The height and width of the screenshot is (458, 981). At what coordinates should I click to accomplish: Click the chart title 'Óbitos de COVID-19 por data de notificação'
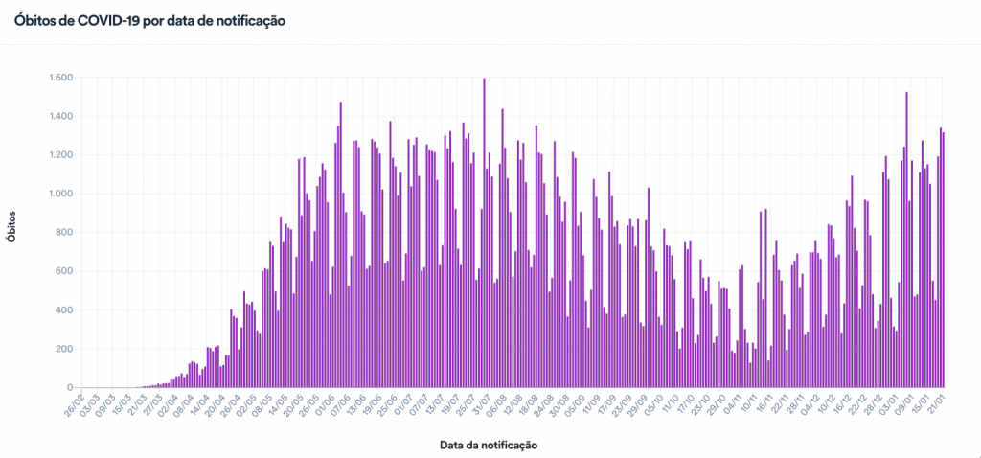(149, 19)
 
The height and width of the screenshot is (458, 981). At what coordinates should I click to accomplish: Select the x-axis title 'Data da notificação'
(489, 445)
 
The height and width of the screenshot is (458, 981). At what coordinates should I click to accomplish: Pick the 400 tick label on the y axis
(62, 309)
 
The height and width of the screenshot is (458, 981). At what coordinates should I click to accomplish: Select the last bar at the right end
(943, 260)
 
